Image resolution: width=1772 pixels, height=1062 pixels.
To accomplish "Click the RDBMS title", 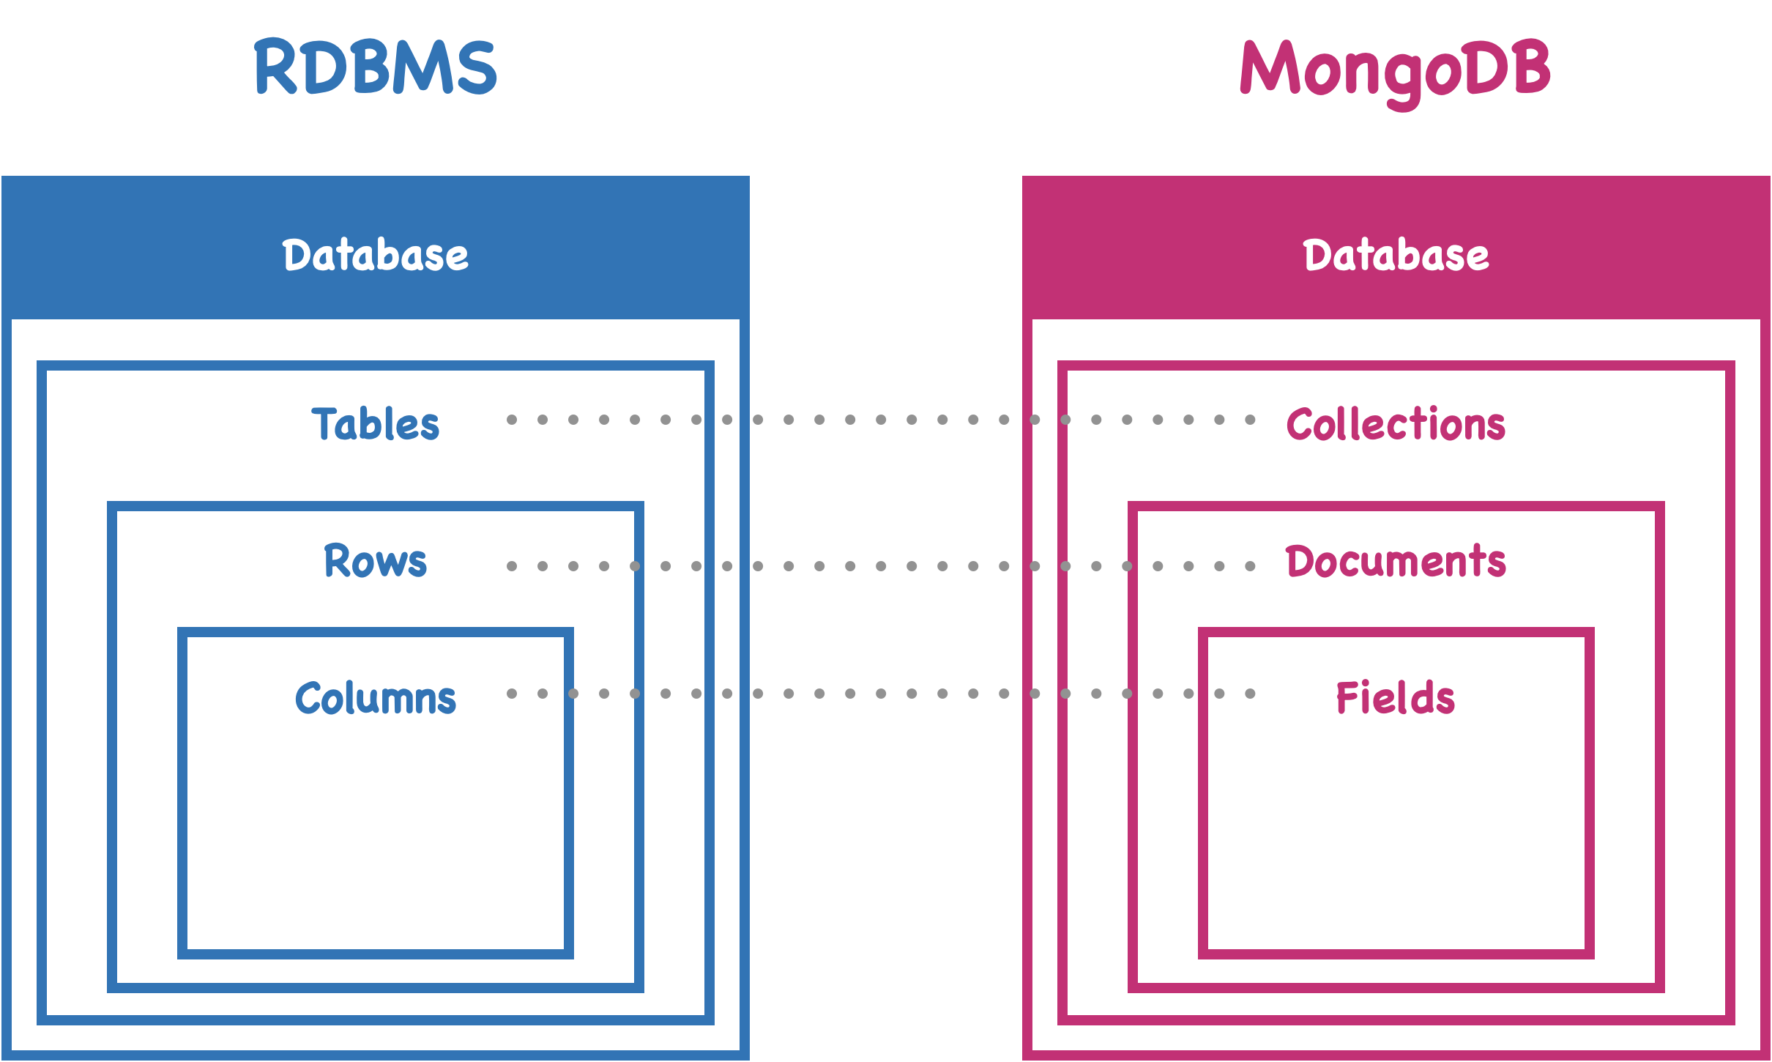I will click(375, 67).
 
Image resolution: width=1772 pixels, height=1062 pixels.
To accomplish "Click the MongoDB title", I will click(1395, 70).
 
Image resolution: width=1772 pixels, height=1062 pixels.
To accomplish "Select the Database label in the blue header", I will click(375, 255).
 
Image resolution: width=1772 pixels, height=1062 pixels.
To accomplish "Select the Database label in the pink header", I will click(1396, 255).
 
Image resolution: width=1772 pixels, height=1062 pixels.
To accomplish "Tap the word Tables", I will click(375, 424).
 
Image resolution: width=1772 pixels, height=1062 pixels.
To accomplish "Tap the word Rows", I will click(375, 562).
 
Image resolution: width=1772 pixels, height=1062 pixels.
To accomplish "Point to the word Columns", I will click(375, 698).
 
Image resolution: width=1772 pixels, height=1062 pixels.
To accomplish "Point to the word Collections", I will click(1396, 424).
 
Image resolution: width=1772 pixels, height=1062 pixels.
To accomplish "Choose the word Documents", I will click(1396, 562).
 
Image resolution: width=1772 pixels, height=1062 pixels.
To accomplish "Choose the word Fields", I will click(1396, 698).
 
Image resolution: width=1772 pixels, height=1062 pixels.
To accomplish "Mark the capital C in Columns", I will click(308, 698).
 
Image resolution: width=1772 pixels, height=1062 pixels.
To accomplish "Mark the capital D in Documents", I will click(1300, 562).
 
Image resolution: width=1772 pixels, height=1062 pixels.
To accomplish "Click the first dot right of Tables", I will click(512, 420).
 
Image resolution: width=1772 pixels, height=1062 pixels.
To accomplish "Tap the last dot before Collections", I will click(1250, 420).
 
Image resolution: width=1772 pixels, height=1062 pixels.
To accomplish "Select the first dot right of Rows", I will click(512, 566).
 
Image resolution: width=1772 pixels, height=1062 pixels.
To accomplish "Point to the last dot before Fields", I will click(1250, 694).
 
